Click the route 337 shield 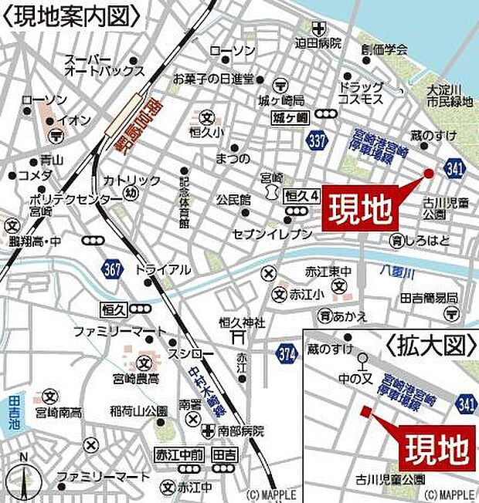point(315,140)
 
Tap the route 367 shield point(112,268)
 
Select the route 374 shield point(285,352)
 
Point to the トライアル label point(162,270)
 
